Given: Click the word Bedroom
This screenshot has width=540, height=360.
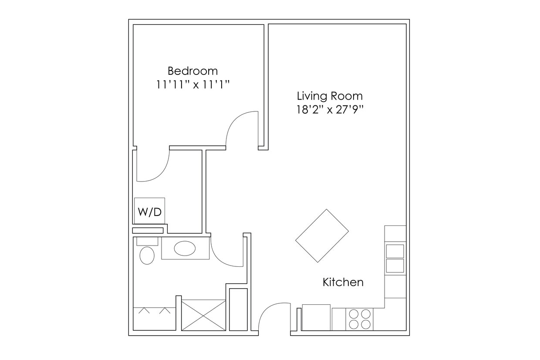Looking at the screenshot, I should click(192, 71).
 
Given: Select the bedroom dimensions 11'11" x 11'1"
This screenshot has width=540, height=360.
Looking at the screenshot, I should click(192, 84).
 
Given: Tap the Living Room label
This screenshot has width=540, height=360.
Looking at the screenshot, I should click(329, 96).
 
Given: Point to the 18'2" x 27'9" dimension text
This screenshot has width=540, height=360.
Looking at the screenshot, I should click(329, 110).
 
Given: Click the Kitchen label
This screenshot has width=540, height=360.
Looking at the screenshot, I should click(343, 282).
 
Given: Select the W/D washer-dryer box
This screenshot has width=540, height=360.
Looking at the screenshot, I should click(149, 212).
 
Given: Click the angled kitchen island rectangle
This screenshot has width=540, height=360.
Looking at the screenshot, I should click(322, 236).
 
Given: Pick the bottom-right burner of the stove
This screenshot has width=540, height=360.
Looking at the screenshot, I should click(366, 324).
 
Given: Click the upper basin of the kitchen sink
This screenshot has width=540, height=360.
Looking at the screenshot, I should click(395, 251).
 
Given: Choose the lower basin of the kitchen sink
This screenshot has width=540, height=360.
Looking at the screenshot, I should click(395, 266).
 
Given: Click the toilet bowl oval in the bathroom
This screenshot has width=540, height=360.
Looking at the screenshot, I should click(147, 256).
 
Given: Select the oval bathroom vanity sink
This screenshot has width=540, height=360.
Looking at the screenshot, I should click(185, 249).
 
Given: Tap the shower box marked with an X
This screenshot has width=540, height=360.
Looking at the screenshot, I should click(203, 316).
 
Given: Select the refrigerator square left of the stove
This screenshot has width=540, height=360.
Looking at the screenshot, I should click(316, 317).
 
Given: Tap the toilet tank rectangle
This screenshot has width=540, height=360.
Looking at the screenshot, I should click(147, 241).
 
